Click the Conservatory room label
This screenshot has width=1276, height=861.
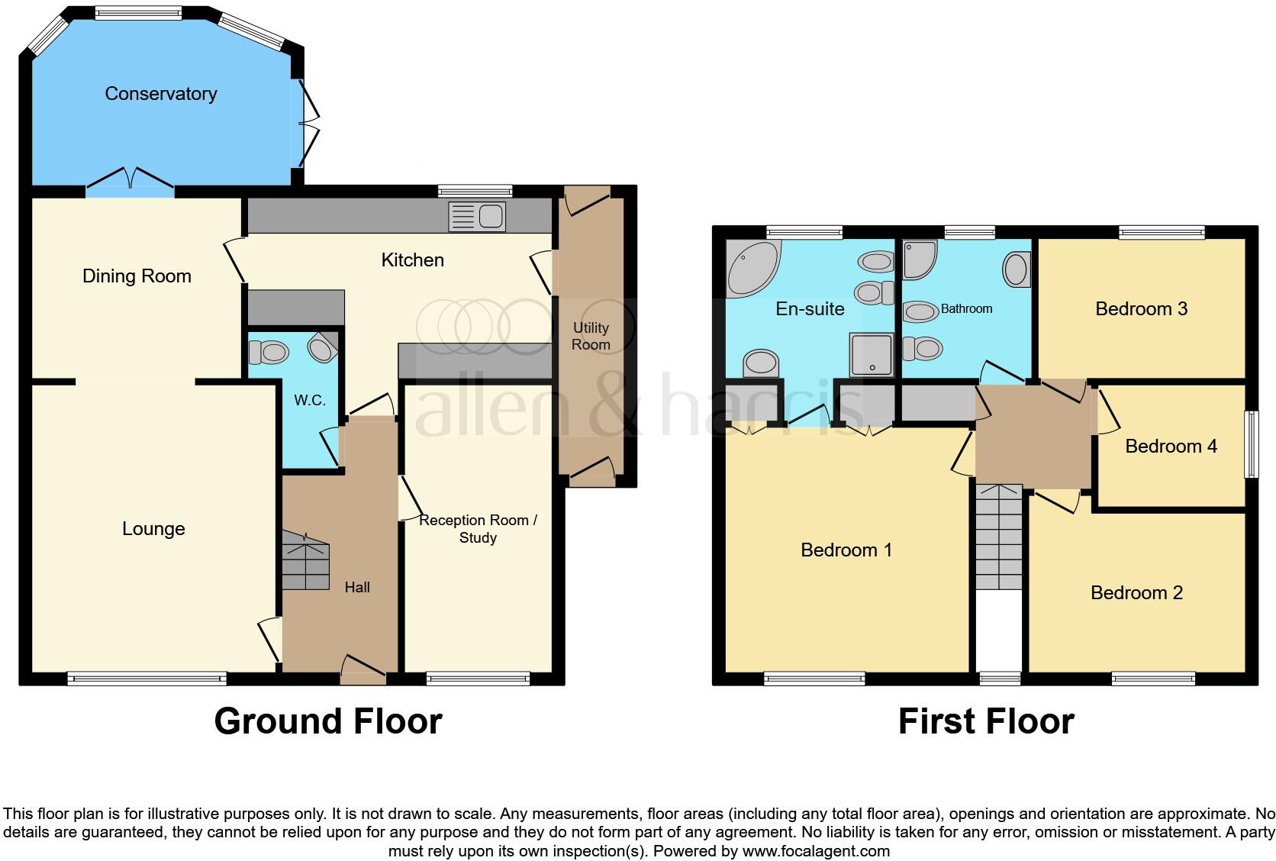point(160,94)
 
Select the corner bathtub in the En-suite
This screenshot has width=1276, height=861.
point(752,267)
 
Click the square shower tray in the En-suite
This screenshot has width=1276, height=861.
point(872,355)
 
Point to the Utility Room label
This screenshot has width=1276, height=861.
point(591,336)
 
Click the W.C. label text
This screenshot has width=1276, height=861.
point(310,401)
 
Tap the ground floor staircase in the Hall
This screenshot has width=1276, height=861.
point(305,561)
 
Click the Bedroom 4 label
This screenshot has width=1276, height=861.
point(1171,447)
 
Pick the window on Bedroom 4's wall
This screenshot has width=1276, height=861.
point(1252,445)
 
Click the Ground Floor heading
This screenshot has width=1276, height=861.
point(328,721)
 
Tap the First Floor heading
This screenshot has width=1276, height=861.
point(986,721)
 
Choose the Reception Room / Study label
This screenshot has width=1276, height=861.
point(478,528)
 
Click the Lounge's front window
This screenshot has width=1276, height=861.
point(147,677)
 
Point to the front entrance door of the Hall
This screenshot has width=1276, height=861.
point(363,672)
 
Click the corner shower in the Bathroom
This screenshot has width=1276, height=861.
point(919,260)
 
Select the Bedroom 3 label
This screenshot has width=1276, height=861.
point(1141,309)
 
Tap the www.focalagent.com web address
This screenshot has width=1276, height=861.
point(815,850)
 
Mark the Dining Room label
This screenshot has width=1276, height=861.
point(137,276)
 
